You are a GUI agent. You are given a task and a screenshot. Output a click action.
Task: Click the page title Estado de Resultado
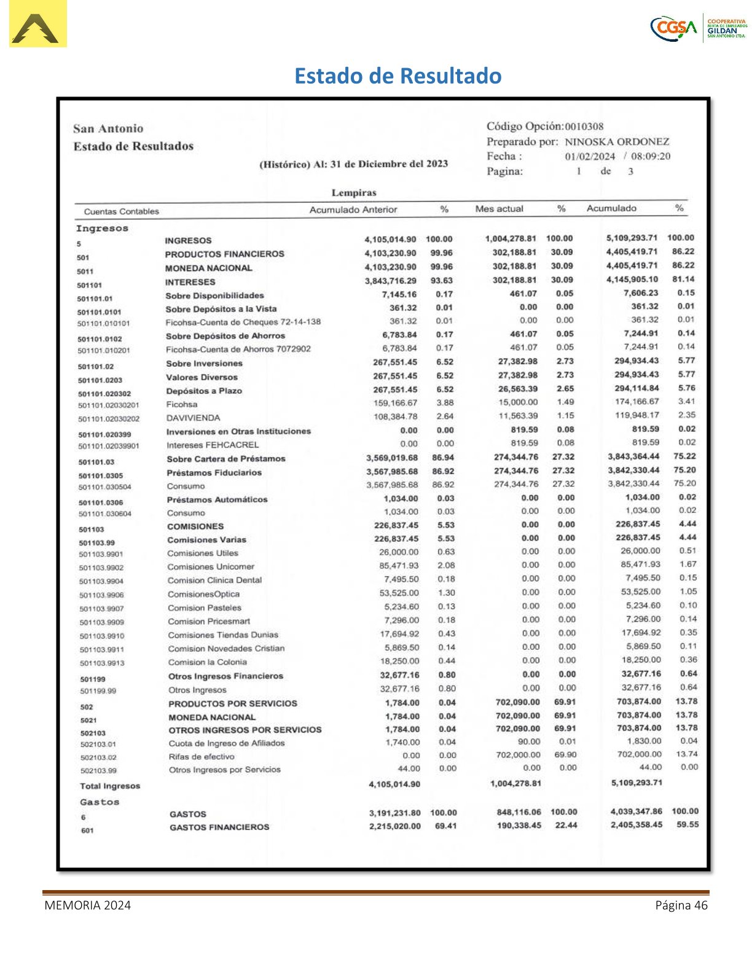tap(398, 76)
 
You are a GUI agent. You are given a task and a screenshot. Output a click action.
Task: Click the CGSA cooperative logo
tap(698, 28)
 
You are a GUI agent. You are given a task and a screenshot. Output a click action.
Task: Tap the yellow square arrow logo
tap(37, 24)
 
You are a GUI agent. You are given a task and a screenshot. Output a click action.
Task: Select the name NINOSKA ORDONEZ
tap(617, 142)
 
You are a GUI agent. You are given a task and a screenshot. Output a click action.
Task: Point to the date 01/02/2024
tap(590, 157)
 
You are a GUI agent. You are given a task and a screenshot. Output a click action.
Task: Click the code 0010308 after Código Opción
tap(584, 127)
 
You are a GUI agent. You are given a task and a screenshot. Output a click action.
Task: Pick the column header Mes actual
tap(499, 209)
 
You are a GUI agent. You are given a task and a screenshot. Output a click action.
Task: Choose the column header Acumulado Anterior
tap(353, 210)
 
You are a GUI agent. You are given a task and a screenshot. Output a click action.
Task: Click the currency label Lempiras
tap(354, 193)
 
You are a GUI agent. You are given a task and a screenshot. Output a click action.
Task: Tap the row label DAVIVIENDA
tap(193, 418)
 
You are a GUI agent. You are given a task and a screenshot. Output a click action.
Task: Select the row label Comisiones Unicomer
tap(211, 567)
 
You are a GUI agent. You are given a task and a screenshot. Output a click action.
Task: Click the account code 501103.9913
tap(102, 663)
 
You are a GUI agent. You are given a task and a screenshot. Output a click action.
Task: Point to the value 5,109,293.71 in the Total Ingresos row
tap(636, 783)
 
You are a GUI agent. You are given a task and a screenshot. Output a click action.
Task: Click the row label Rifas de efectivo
tap(202, 757)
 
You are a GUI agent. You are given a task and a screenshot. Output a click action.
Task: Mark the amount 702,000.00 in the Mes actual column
tap(518, 755)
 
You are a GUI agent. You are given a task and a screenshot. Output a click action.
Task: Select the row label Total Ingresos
tap(110, 786)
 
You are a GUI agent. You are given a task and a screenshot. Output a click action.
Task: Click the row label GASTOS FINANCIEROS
tap(219, 827)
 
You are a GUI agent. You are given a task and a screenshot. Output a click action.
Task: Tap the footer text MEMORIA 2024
tap(87, 905)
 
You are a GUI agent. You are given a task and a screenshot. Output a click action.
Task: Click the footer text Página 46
tap(681, 905)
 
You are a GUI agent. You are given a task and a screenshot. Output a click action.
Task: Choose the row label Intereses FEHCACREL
tap(213, 445)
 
